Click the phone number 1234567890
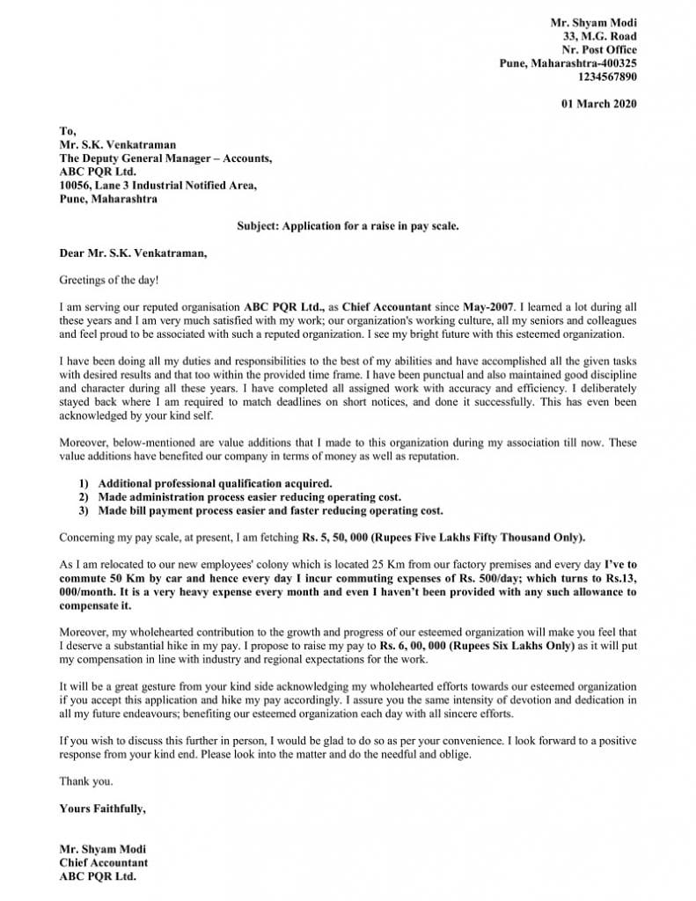click(607, 77)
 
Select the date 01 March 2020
click(599, 104)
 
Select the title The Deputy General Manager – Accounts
click(165, 157)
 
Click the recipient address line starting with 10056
click(158, 185)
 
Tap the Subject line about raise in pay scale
click(348, 225)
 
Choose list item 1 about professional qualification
click(215, 483)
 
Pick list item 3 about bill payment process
click(270, 510)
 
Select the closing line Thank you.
click(85, 780)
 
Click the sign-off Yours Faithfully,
click(102, 808)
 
